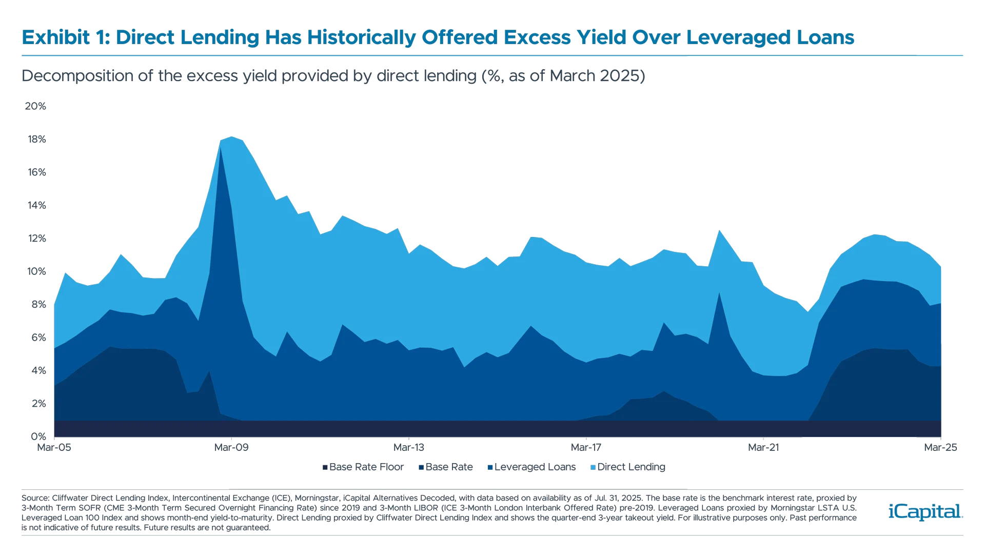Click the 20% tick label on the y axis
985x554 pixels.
(35, 106)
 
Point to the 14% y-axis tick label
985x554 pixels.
(35, 205)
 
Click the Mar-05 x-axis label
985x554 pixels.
(54, 447)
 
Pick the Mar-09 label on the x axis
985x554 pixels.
(231, 447)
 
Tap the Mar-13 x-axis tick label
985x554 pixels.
(409, 447)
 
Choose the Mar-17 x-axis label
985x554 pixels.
(586, 447)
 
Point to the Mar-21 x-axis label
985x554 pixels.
(763, 447)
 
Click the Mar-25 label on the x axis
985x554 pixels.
(940, 447)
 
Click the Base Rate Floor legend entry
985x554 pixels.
(362, 467)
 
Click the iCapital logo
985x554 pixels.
(923, 511)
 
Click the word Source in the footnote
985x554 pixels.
(34, 498)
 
